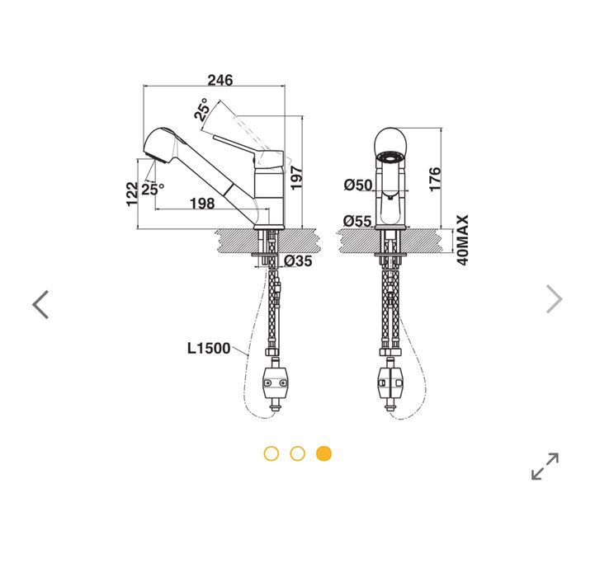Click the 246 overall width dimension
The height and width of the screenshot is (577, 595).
(x=220, y=80)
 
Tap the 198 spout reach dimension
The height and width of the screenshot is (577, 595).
(x=202, y=204)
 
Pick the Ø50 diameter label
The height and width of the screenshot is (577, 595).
(x=359, y=185)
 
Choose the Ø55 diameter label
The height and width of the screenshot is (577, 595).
(x=359, y=220)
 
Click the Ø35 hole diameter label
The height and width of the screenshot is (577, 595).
(x=298, y=261)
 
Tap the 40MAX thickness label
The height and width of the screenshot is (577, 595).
(x=463, y=240)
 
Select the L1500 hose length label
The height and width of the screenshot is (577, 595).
(x=208, y=348)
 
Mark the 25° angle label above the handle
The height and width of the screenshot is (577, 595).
(x=202, y=110)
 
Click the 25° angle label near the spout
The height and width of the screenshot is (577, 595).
(x=152, y=189)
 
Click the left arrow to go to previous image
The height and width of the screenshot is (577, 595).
(x=40, y=304)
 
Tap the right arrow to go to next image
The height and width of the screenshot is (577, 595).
(x=554, y=298)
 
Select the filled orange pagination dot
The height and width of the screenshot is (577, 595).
(x=324, y=453)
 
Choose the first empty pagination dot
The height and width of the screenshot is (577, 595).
(x=272, y=453)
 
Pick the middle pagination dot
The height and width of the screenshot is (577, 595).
(x=298, y=453)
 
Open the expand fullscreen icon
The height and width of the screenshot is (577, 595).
(x=545, y=466)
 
